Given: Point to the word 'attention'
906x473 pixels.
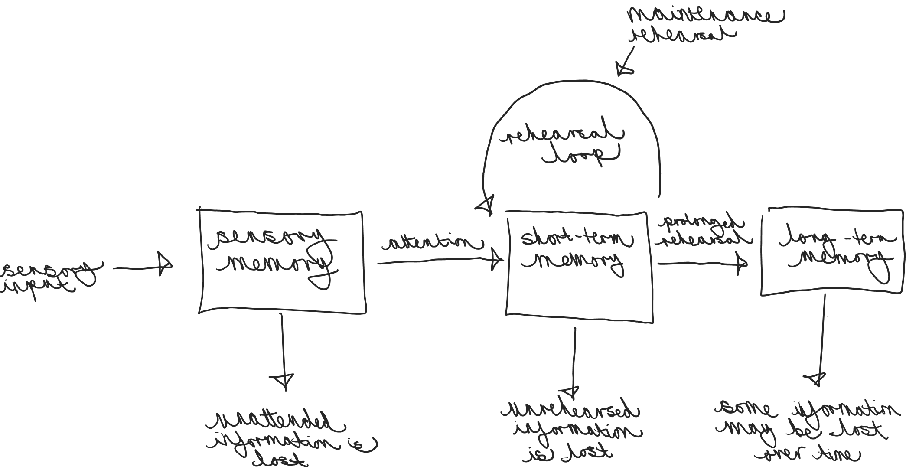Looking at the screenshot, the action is (431, 243).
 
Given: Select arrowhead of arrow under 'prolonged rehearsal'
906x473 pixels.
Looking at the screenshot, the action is (742, 263).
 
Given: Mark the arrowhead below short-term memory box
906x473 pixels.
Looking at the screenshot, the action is (572, 391).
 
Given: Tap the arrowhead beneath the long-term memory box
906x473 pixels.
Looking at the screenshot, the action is (817, 378).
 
